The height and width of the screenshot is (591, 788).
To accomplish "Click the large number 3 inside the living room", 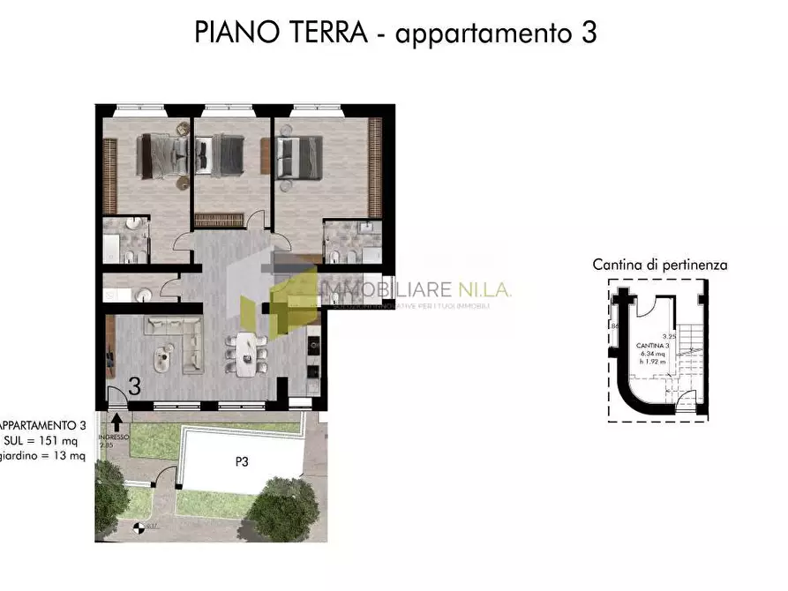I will coord(134,386).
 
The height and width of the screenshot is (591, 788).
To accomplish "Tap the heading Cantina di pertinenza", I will coord(659,264).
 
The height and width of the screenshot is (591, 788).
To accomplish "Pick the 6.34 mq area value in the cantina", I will coord(654,352).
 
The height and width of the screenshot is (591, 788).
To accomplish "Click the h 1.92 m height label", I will coord(654,361).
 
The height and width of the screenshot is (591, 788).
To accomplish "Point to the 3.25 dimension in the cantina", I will coord(669,336).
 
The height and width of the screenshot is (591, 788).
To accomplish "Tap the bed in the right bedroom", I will coord(299,156).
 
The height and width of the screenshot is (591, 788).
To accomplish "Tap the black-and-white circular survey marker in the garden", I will coord(137,529).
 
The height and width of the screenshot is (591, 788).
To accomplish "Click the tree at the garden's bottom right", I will coord(284,510).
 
